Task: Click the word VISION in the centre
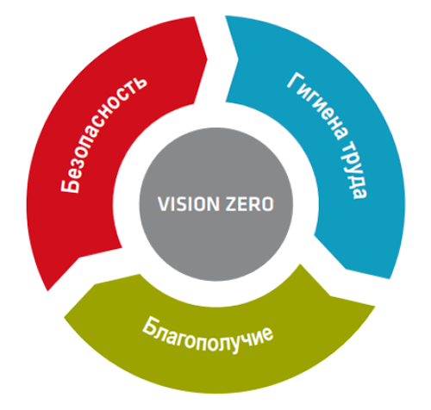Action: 188,204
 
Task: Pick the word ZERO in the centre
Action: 249,204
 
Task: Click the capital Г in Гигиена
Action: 296,81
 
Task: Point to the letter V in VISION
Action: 164,204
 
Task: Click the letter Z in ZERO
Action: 231,204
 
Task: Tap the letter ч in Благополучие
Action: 247,340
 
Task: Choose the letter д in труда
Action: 358,178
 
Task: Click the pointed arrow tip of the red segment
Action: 207,59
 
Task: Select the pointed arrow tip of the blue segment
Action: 346,269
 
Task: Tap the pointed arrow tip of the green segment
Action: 95,284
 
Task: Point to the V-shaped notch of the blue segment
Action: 238,60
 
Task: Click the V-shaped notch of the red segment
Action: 79,258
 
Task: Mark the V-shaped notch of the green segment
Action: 330,295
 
